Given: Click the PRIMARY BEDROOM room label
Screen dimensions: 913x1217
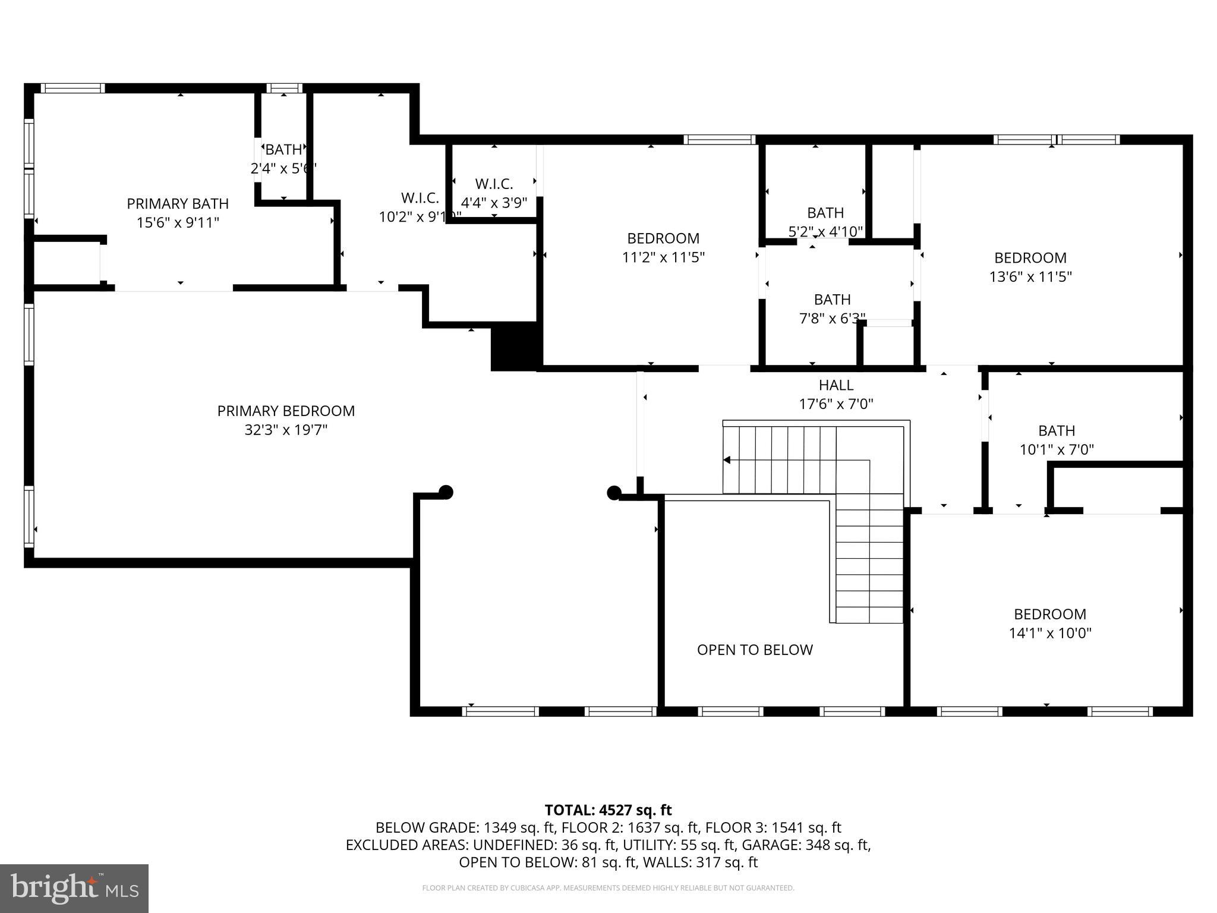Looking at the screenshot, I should click(x=286, y=411).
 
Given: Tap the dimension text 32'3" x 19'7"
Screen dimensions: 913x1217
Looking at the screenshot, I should click(x=286, y=430).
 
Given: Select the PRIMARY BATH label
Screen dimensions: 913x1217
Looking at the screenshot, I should click(x=178, y=204).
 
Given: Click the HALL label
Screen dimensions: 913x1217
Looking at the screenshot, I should click(x=836, y=385).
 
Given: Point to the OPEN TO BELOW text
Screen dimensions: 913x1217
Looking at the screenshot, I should click(x=755, y=650).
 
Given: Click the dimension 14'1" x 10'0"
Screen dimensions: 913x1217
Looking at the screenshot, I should click(x=1050, y=633).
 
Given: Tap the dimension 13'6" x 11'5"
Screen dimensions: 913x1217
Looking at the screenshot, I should click(x=1030, y=277).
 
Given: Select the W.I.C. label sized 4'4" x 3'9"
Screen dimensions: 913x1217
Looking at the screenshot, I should click(x=494, y=184).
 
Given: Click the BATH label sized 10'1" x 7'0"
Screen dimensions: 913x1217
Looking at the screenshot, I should click(x=1057, y=430).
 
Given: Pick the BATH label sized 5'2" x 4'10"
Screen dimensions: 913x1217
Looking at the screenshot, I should click(x=825, y=213).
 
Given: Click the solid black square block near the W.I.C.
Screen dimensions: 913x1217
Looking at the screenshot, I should click(x=514, y=347).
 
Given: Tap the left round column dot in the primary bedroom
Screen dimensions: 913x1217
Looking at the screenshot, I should click(x=446, y=492).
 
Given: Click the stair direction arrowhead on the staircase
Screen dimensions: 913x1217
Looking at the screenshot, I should click(x=727, y=460).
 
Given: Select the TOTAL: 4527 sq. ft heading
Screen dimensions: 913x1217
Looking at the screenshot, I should click(x=608, y=810).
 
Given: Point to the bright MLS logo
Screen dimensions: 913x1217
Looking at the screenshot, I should click(x=74, y=888).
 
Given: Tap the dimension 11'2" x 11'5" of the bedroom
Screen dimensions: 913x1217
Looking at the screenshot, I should click(x=663, y=257).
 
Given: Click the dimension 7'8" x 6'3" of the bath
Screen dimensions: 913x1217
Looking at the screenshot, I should click(x=832, y=319).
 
